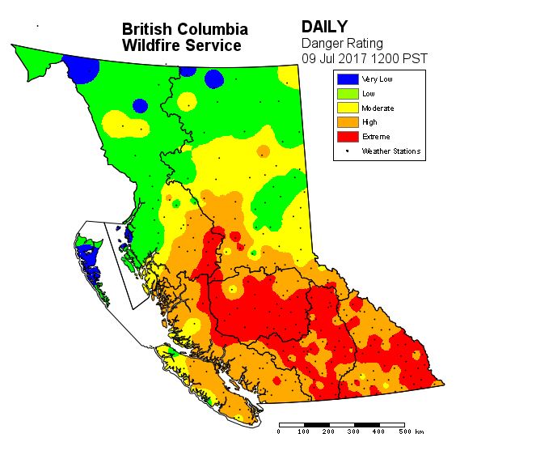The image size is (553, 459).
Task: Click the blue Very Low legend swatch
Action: [x=348, y=79]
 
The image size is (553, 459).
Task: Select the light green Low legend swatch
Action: [x=348, y=94]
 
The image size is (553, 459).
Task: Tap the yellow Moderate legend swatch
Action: [x=348, y=108]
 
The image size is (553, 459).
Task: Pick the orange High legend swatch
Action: [x=348, y=122]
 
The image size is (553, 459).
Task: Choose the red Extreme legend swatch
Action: [x=348, y=137]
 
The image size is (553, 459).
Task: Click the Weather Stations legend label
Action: [x=391, y=151]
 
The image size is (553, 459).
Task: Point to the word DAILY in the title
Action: [x=324, y=28]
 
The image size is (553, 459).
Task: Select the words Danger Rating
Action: [x=342, y=43]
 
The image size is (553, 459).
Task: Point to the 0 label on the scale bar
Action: [x=279, y=432]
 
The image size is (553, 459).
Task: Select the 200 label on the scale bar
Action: [x=329, y=432]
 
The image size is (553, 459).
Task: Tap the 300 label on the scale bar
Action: [x=354, y=432]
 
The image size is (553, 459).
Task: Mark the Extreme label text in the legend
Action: [x=376, y=137]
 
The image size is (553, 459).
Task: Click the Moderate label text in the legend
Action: [x=378, y=108]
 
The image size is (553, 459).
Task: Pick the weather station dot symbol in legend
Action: [x=348, y=151]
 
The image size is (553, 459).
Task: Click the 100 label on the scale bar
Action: [x=304, y=432]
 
